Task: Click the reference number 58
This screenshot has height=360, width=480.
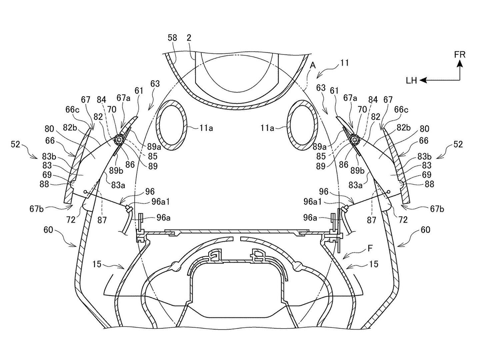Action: click(172, 38)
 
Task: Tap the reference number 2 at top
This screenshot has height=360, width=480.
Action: click(189, 38)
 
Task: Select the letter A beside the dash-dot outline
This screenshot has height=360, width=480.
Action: click(312, 66)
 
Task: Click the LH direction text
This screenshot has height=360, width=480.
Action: click(411, 80)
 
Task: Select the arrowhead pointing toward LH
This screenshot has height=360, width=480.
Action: click(423, 80)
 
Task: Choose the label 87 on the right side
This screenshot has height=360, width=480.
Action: click(371, 220)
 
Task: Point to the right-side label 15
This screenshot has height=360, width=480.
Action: click(374, 264)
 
